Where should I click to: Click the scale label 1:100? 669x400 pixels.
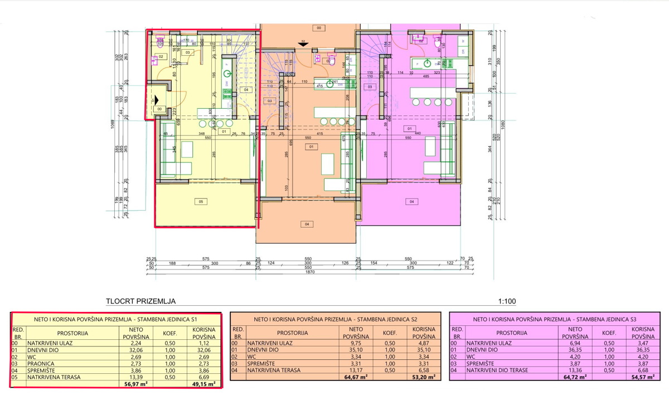[x=507, y=302]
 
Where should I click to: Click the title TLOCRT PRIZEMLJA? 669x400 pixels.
[x=141, y=302]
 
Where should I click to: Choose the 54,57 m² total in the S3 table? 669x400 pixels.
[x=641, y=377]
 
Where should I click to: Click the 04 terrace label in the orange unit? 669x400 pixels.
[x=306, y=224]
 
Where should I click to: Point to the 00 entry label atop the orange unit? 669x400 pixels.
[x=318, y=27]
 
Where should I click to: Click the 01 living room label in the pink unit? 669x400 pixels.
[x=410, y=128]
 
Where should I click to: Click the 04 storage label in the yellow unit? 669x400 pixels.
[x=245, y=89]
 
